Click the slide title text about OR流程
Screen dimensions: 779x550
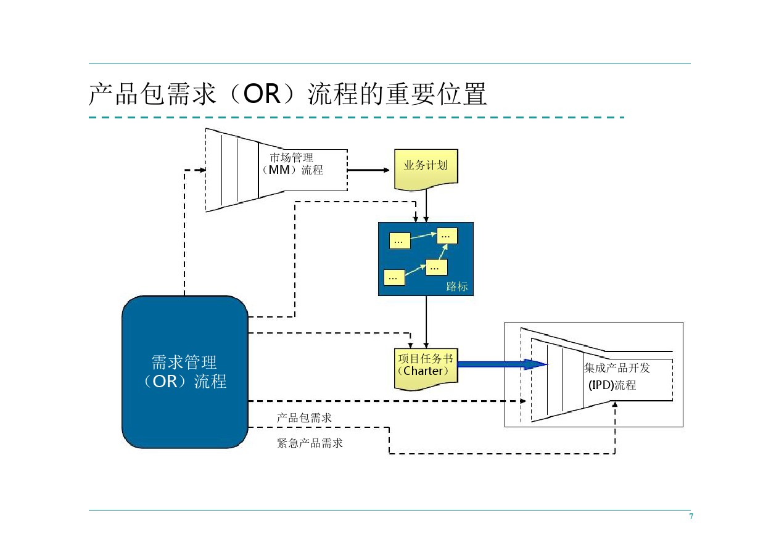pos(287,94)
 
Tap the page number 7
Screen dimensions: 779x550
pos(691,516)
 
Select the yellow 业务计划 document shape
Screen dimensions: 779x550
pos(426,170)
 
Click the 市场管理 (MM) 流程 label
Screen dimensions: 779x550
pos(292,164)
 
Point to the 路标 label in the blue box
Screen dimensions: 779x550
pos(456,287)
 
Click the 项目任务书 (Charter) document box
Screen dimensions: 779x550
pos(426,369)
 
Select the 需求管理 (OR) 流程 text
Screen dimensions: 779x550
pos(184,372)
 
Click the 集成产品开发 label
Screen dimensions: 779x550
pos(617,368)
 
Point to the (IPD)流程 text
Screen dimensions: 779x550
pos(612,385)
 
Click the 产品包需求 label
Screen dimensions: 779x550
pos(304,417)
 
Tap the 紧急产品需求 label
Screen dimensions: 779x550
pos(310,443)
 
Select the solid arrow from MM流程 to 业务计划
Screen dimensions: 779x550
pos(368,170)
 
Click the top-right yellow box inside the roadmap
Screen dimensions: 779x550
pos(447,236)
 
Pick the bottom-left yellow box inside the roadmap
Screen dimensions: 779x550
pos(394,277)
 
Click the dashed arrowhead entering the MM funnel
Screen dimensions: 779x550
pos(202,170)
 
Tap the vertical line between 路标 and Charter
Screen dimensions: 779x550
pos(426,322)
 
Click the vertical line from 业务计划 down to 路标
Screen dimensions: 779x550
pos(426,206)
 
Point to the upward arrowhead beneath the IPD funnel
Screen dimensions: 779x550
pos(615,404)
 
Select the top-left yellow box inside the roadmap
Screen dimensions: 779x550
pos(400,240)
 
